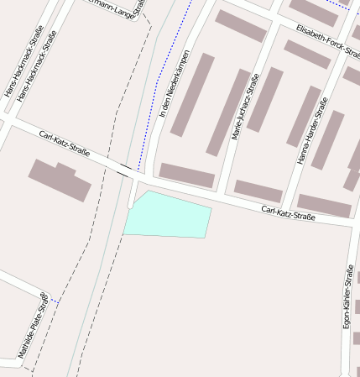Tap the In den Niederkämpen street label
click(x=174, y=83)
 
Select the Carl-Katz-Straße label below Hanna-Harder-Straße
click(x=288, y=213)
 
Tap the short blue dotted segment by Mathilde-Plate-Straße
click(x=54, y=300)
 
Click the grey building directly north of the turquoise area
click(x=187, y=175)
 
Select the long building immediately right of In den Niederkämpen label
click(x=192, y=95)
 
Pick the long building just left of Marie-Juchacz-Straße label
click(x=228, y=113)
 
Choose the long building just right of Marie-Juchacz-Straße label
click(x=265, y=99)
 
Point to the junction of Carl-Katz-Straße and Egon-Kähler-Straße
click(x=351, y=225)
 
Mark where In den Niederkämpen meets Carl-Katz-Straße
click(x=151, y=178)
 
